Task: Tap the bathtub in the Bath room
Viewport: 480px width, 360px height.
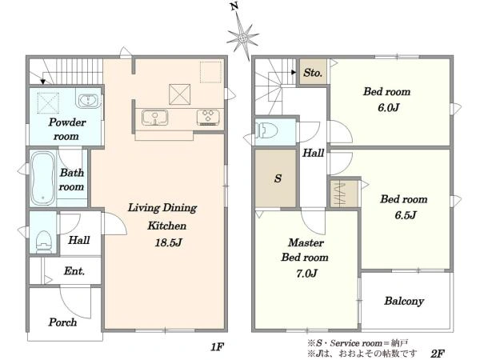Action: [x=43, y=178]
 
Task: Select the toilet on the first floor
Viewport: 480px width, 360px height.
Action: [x=43, y=242]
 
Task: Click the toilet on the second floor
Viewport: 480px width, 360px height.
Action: [x=266, y=130]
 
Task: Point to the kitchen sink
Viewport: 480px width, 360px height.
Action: [x=155, y=118]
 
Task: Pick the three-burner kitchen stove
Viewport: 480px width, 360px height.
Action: [x=208, y=118]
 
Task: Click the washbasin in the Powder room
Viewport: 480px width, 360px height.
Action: [x=88, y=100]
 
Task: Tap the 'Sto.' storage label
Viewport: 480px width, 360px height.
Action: [x=313, y=73]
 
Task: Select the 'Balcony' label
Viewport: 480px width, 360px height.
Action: [x=404, y=301]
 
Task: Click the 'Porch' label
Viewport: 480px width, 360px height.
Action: [x=62, y=322]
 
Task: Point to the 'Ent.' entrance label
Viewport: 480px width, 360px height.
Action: [x=74, y=271]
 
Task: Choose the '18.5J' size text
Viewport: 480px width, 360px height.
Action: [x=169, y=242]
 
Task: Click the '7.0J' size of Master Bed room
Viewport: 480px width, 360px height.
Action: [x=306, y=273]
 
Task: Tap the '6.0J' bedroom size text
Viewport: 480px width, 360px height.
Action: [x=389, y=107]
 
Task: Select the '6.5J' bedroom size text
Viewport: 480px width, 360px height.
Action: [x=406, y=215]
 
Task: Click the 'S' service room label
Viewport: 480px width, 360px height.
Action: [x=278, y=178]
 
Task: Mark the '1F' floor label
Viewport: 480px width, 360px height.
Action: [x=218, y=347]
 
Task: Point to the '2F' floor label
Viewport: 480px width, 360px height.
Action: [x=438, y=354]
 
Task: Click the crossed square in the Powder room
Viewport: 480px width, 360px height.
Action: [x=48, y=102]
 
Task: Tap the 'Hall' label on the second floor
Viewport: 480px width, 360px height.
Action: [x=313, y=153]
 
